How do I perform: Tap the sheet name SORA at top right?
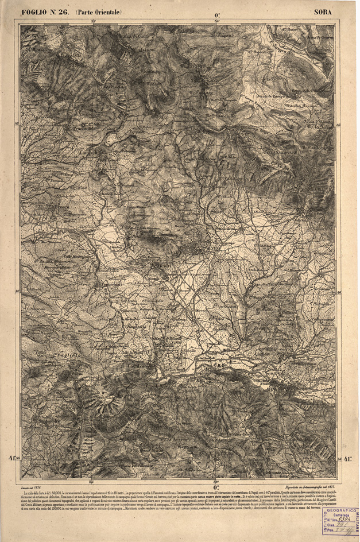(x=324, y=11)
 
